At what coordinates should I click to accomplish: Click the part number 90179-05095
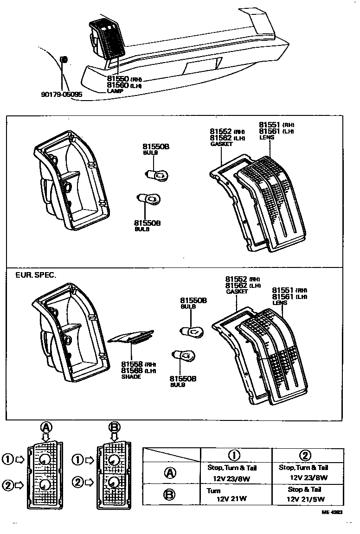[x=62, y=95]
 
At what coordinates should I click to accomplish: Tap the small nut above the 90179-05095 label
[x=64, y=59]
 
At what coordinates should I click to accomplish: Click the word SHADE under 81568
[x=131, y=376]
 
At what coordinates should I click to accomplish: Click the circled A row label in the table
[x=171, y=473]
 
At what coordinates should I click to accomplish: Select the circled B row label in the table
[x=171, y=495]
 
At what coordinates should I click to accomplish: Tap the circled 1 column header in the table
[x=236, y=455]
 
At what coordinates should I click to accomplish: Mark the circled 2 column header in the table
[x=307, y=455]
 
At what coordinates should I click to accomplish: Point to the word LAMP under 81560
[x=116, y=91]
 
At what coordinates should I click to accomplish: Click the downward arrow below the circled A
[x=45, y=437]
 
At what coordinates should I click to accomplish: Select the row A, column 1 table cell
[x=236, y=473]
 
